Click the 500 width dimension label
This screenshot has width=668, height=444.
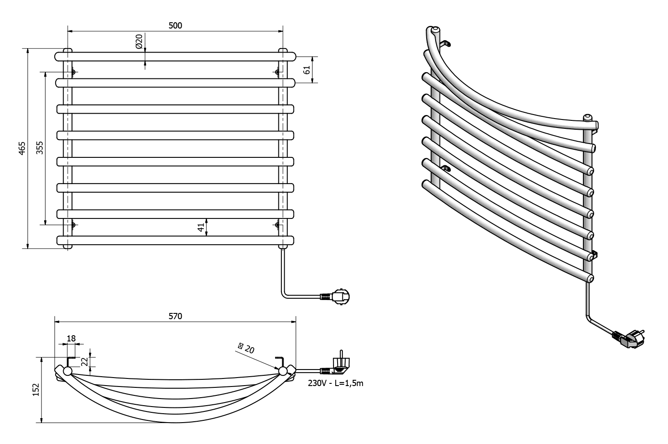(x=175, y=25)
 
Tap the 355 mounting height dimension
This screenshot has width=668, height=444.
(x=40, y=148)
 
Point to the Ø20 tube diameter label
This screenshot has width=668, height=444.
(x=139, y=41)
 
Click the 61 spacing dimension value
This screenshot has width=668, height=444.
(x=306, y=70)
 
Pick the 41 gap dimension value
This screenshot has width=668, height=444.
(x=201, y=227)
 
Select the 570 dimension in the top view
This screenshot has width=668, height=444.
(x=175, y=316)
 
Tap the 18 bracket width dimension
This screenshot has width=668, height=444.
(x=71, y=338)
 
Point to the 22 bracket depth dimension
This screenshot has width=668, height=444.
(x=84, y=360)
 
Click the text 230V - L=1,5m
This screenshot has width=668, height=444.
(x=335, y=383)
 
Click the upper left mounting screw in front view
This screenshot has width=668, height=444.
(x=73, y=72)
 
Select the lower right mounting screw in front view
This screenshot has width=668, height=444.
(x=277, y=225)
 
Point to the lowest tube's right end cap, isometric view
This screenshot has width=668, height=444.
(x=591, y=279)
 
